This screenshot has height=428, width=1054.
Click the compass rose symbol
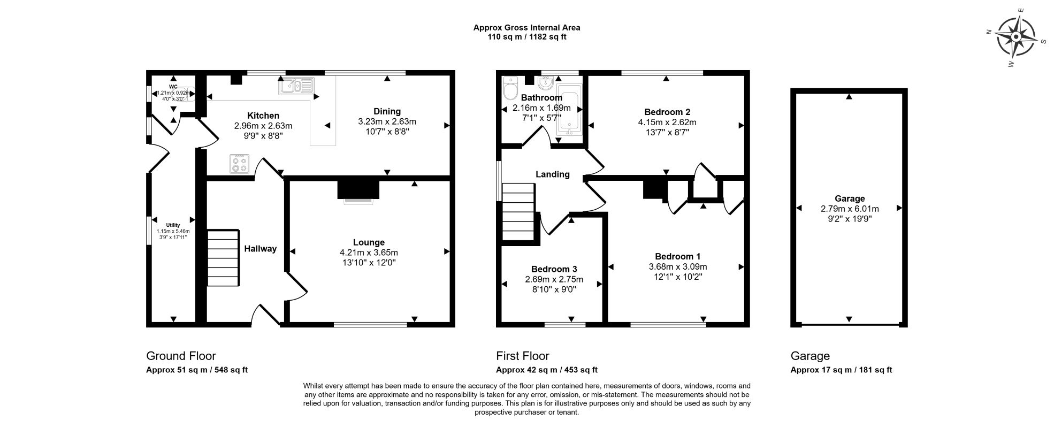[1015, 37]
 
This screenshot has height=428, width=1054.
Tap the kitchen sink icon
[295, 86]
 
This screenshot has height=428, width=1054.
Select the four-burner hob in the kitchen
[239, 164]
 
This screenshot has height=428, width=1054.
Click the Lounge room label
[369, 242]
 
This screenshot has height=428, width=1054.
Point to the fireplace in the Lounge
[358, 190]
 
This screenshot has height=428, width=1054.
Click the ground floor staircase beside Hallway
[223, 258]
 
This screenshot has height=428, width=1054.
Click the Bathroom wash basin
[545, 83]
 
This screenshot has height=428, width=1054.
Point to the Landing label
[553, 174]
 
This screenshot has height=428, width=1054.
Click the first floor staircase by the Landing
[518, 213]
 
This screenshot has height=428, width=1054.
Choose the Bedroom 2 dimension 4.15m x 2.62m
[667, 122]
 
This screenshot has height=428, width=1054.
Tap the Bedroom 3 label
[554, 269]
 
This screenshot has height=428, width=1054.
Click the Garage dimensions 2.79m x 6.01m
[850, 209]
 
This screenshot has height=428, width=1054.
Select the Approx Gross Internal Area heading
[526, 27]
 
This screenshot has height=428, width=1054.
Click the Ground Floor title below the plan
[181, 356]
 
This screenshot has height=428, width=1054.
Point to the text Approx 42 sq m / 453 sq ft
[546, 370]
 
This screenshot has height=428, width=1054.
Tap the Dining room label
[387, 111]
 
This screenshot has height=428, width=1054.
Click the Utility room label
[172, 225]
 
